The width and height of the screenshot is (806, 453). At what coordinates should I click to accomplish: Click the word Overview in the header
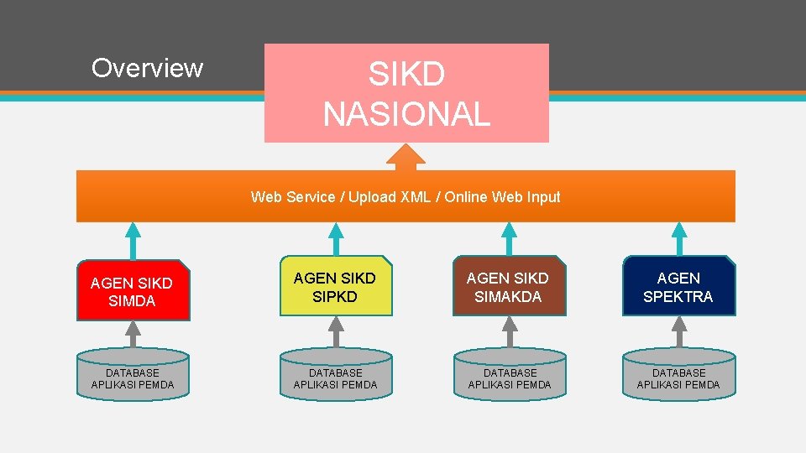click(147, 68)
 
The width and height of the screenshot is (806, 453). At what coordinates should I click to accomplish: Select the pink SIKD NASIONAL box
click(406, 93)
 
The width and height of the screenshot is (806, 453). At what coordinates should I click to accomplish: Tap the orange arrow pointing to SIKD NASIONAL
click(406, 157)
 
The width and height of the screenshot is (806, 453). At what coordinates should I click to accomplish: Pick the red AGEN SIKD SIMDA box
click(133, 290)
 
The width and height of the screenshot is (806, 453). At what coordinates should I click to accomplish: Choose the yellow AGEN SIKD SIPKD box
click(335, 286)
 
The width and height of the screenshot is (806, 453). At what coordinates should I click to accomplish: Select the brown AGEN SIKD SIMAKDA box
click(508, 286)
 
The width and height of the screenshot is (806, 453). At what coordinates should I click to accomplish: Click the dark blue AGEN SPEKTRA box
click(678, 286)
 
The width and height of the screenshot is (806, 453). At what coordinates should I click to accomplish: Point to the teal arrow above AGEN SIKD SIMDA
click(133, 240)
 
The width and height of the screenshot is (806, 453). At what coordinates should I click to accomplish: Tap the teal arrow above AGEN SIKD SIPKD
click(336, 239)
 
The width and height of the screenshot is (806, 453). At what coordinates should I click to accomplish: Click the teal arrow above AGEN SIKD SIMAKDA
click(509, 239)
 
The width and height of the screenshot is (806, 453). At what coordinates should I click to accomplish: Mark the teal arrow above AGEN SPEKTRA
click(678, 239)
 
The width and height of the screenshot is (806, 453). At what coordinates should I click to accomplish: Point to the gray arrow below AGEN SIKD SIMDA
click(133, 334)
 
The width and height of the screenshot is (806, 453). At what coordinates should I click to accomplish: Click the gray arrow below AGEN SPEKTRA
click(678, 332)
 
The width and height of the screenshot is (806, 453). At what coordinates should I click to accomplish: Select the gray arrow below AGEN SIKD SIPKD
click(336, 332)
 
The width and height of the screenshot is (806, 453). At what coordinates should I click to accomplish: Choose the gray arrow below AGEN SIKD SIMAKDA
click(509, 332)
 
